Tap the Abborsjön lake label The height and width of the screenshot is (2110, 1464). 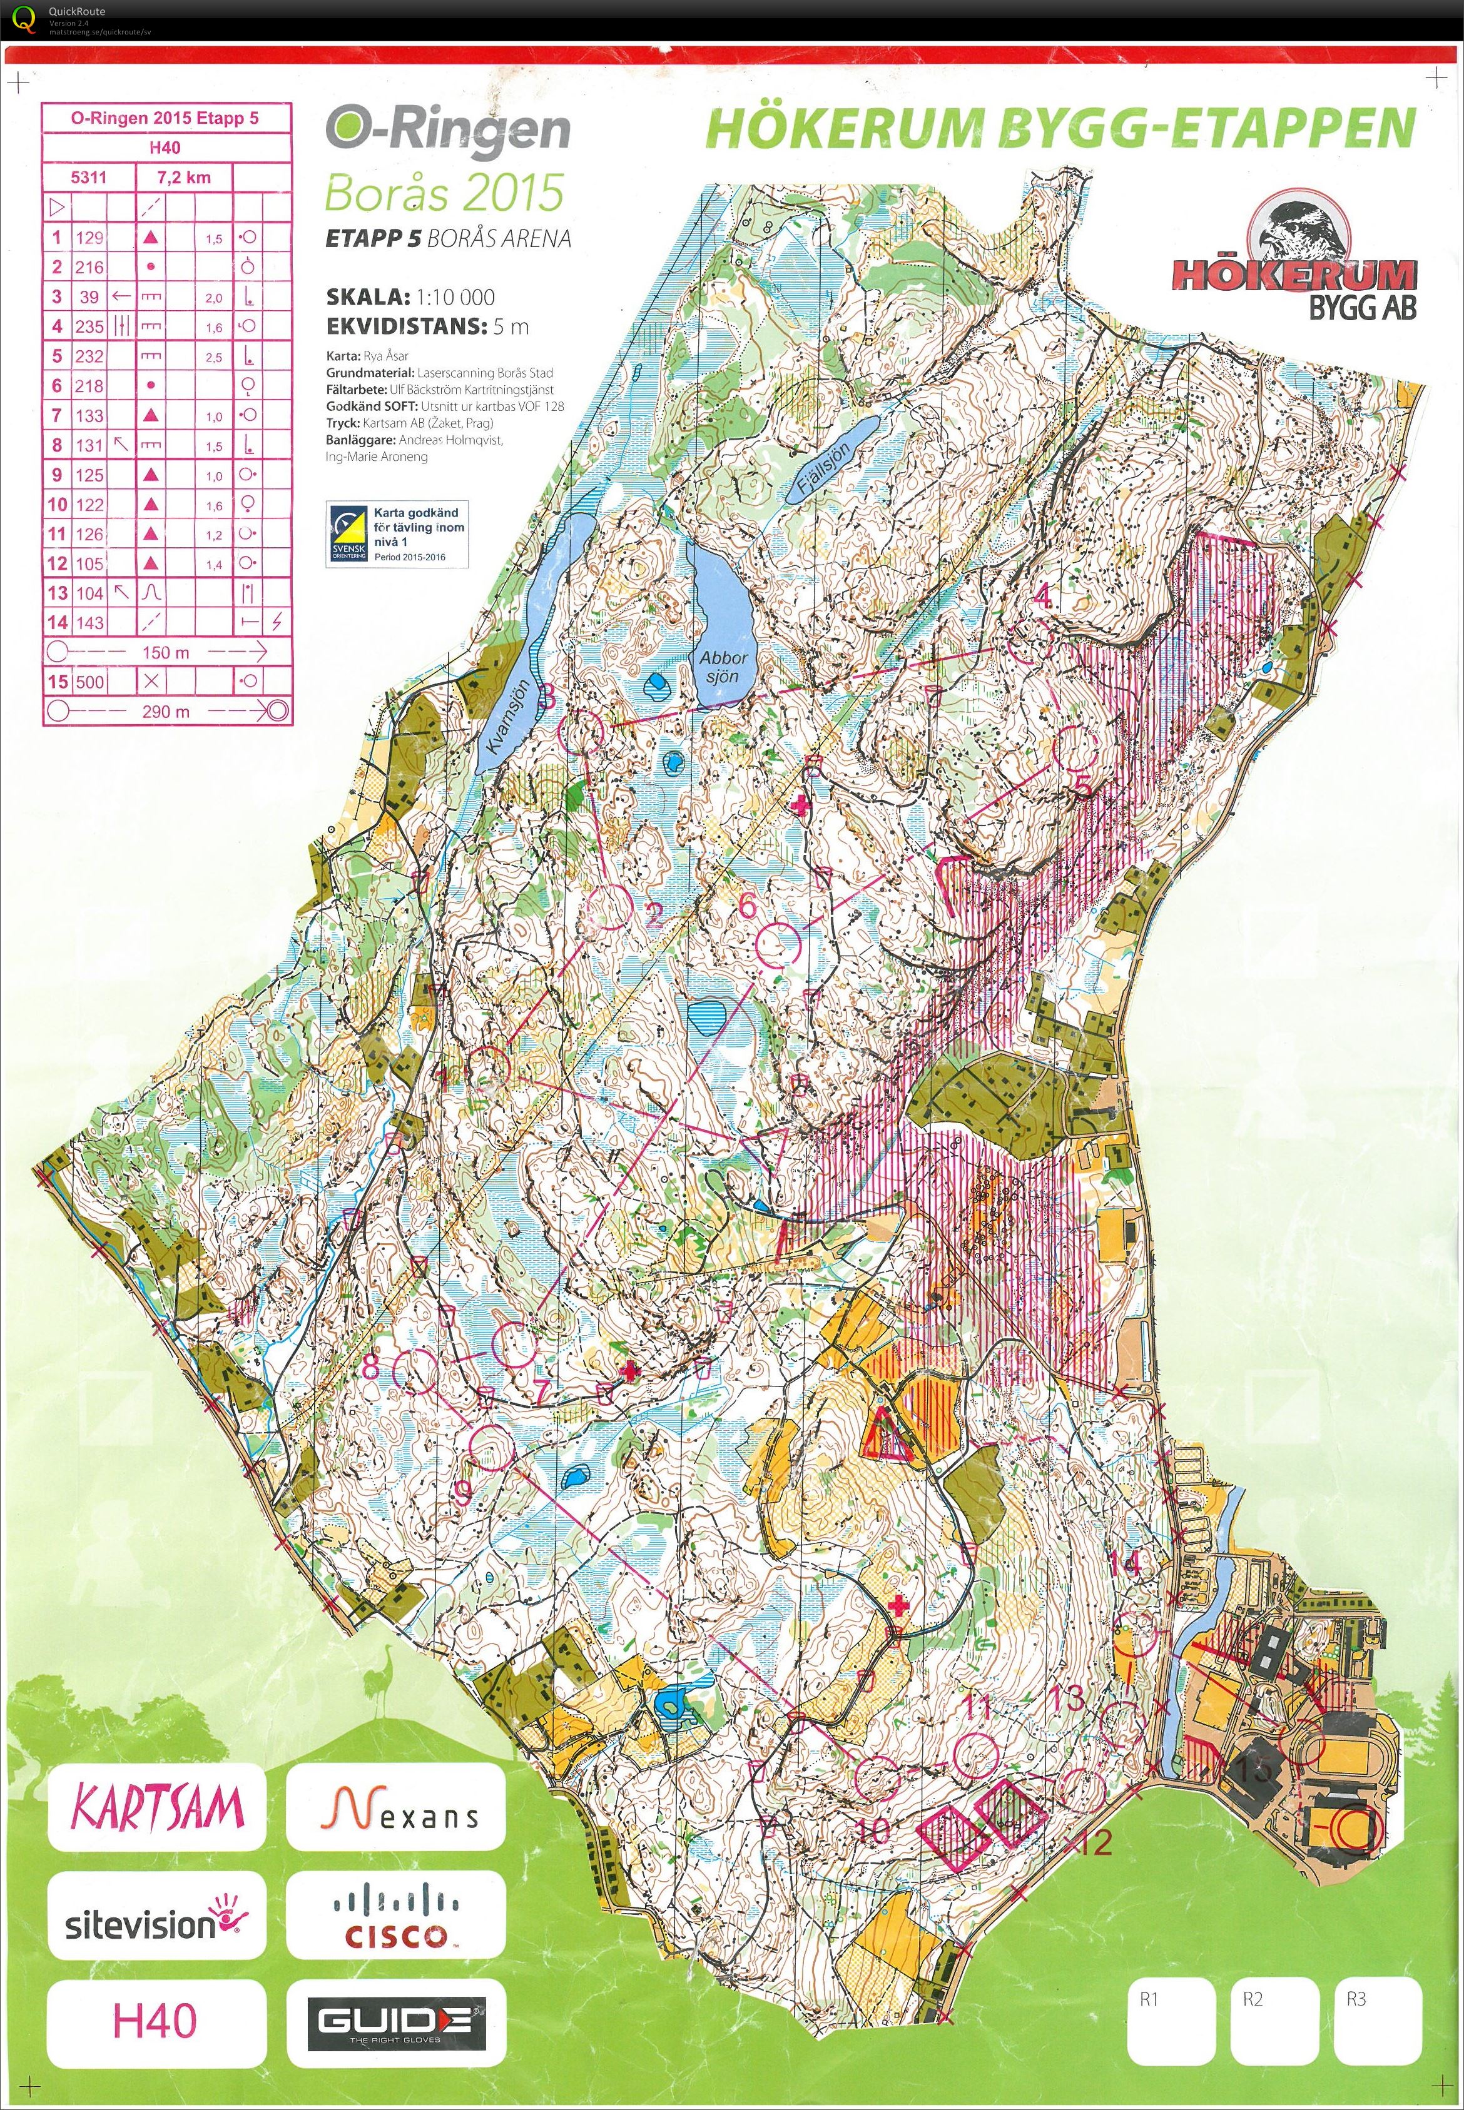[724, 667]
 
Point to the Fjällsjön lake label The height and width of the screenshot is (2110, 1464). [825, 466]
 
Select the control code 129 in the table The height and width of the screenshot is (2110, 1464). [89, 238]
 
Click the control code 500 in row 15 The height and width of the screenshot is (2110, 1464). [89, 681]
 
